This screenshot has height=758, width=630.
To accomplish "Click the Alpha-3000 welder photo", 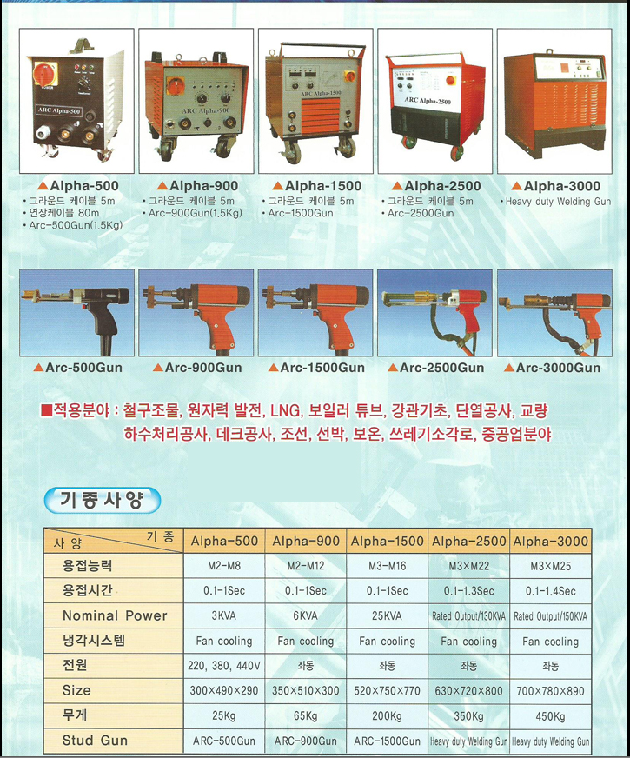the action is pos(554,101).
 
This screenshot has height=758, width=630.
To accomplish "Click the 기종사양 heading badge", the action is pos(102,500).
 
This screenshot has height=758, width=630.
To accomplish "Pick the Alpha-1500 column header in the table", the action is pos(387,541).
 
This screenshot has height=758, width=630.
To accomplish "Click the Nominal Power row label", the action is pos(115,615).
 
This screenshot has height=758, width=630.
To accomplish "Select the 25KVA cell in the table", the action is pos(386,615).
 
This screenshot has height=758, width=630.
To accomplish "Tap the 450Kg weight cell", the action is pos(550,716).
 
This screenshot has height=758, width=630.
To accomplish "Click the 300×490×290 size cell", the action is pos(224,691).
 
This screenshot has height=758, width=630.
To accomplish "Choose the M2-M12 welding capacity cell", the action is pos(306,566).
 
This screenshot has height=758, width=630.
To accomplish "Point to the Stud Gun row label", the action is pos(95,741).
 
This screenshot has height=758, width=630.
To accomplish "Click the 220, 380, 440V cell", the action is pos(224,666).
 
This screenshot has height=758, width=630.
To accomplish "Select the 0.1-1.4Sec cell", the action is pos(551,591).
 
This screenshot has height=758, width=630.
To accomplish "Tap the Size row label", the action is pos(76,690).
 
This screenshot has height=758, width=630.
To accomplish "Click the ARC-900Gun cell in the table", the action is pos(306,741).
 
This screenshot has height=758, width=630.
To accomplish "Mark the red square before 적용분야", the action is pos(46,411).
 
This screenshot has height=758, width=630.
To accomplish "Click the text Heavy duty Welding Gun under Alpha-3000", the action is pos(558,202).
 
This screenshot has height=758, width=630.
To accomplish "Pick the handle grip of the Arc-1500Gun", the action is pos(335,329).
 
